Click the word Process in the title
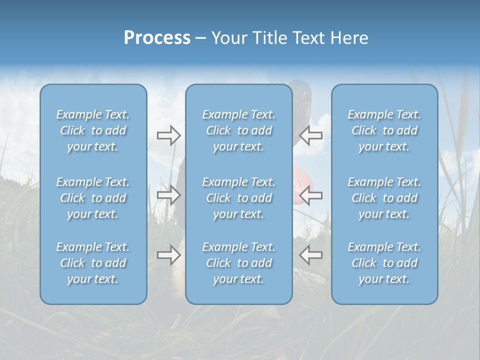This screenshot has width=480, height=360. tap(157, 38)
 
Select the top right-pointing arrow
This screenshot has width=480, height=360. tap(168, 135)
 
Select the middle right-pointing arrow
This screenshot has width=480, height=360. tap(168, 194)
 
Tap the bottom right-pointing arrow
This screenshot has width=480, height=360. tap(168, 255)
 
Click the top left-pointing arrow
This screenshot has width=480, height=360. tap(310, 135)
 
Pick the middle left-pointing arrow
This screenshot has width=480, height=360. tap(310, 194)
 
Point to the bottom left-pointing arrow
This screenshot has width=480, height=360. tap(310, 255)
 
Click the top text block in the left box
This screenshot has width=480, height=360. tap(93, 130)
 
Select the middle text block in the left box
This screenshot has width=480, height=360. tap(93, 198)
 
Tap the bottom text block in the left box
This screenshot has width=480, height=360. tap(93, 263)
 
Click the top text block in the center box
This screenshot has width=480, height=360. tap(238, 130)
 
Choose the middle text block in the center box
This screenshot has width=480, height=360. tap(238, 198)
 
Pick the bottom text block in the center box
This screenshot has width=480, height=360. tap(238, 263)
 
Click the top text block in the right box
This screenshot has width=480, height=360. tap(384, 130)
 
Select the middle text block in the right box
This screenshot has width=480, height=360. tap(384, 198)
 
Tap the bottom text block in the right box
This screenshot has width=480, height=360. tap(384, 263)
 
